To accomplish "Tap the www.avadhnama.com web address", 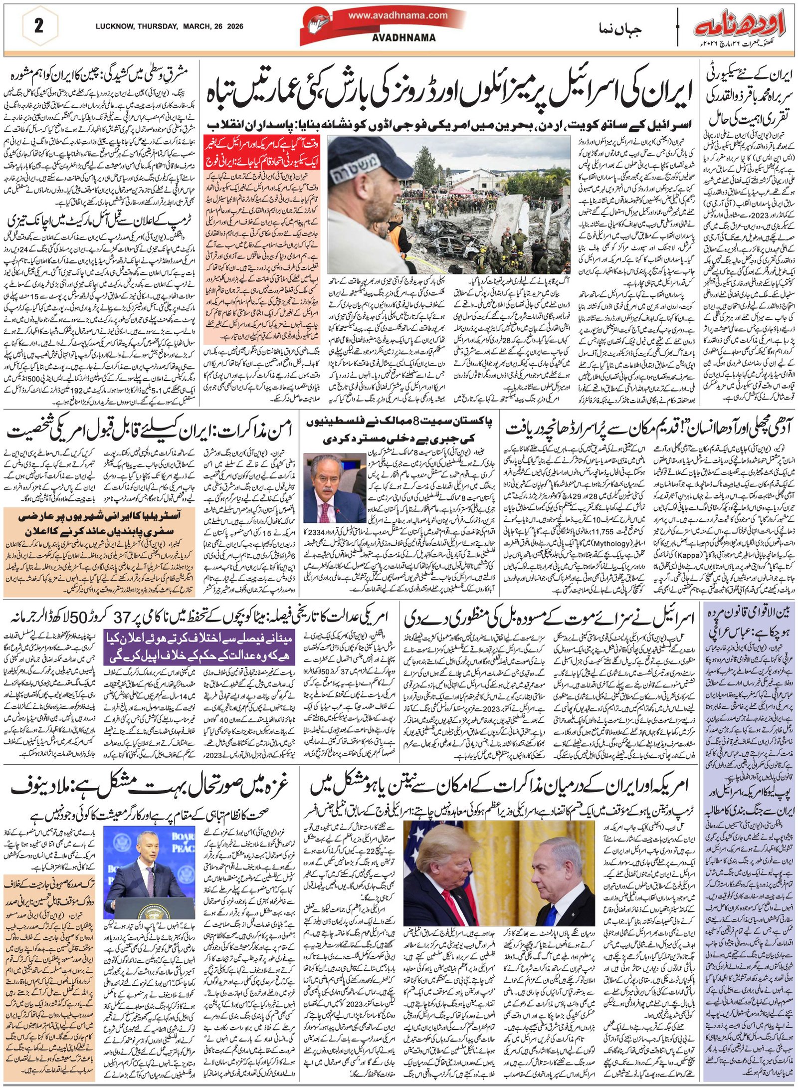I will click(398, 15).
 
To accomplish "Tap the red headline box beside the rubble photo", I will click(261, 155).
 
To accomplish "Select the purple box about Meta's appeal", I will click(199, 647).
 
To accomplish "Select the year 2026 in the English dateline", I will click(234, 26).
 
